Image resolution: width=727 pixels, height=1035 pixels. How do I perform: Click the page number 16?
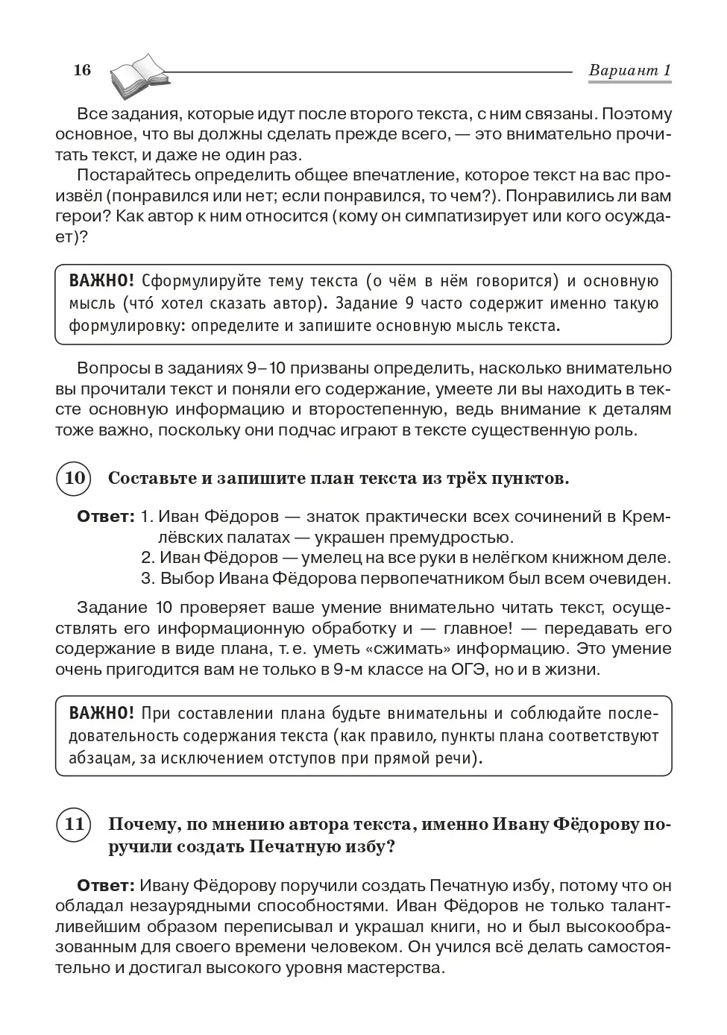82,70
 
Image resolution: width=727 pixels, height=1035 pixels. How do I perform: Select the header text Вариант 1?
630,70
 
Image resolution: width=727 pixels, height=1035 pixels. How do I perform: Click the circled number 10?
73,478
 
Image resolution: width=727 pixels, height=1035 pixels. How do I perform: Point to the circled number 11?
73,825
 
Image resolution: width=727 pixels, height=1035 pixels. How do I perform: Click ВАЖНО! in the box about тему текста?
101,281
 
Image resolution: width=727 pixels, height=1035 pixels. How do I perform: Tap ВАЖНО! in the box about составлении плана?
101,713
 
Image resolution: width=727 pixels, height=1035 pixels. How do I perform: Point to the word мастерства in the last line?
401,968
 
